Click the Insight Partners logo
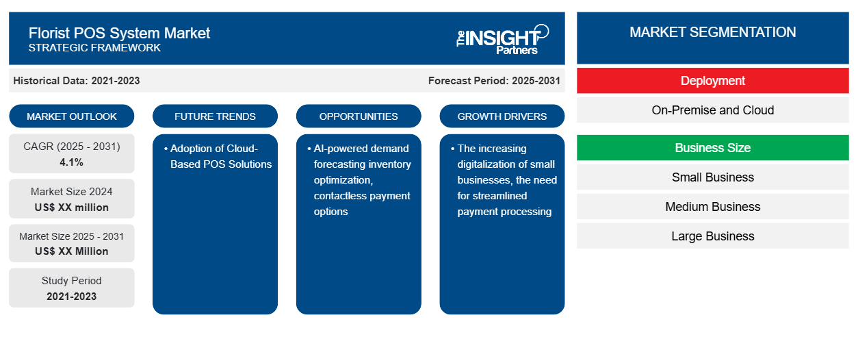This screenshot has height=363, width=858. click(x=502, y=39)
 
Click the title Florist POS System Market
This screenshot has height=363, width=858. click(x=119, y=34)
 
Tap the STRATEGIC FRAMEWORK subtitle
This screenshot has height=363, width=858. click(x=94, y=48)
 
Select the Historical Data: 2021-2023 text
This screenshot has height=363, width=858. click(x=77, y=81)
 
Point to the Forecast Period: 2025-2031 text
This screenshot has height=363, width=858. click(x=494, y=81)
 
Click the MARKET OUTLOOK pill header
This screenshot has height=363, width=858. click(x=72, y=116)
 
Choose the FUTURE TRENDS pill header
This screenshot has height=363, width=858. click(x=215, y=116)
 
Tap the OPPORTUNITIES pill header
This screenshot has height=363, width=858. click(x=359, y=116)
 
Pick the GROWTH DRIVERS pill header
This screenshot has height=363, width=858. click(x=502, y=116)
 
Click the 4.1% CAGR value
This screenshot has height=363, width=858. click(x=72, y=162)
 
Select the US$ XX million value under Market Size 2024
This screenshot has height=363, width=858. click(x=72, y=208)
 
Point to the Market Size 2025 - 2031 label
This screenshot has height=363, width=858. click(x=72, y=236)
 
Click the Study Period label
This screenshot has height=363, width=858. click(x=72, y=281)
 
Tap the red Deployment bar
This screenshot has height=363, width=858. click(x=713, y=81)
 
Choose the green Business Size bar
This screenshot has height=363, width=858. click(x=713, y=147)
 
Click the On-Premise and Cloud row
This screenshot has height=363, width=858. click(x=713, y=110)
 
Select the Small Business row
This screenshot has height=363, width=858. click(x=713, y=177)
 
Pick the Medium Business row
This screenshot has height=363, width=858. click(x=713, y=207)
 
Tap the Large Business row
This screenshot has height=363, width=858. click(x=713, y=236)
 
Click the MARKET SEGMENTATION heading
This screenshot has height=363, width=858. click(x=713, y=32)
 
